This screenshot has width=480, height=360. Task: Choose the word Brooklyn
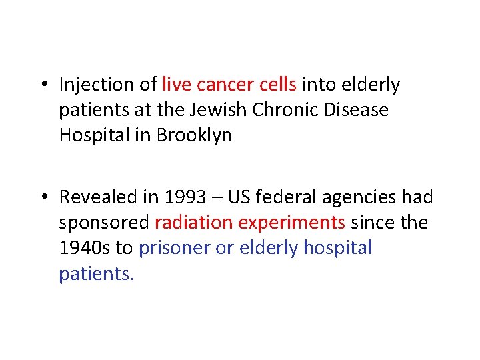[194, 135]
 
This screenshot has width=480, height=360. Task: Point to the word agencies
[353, 198]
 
